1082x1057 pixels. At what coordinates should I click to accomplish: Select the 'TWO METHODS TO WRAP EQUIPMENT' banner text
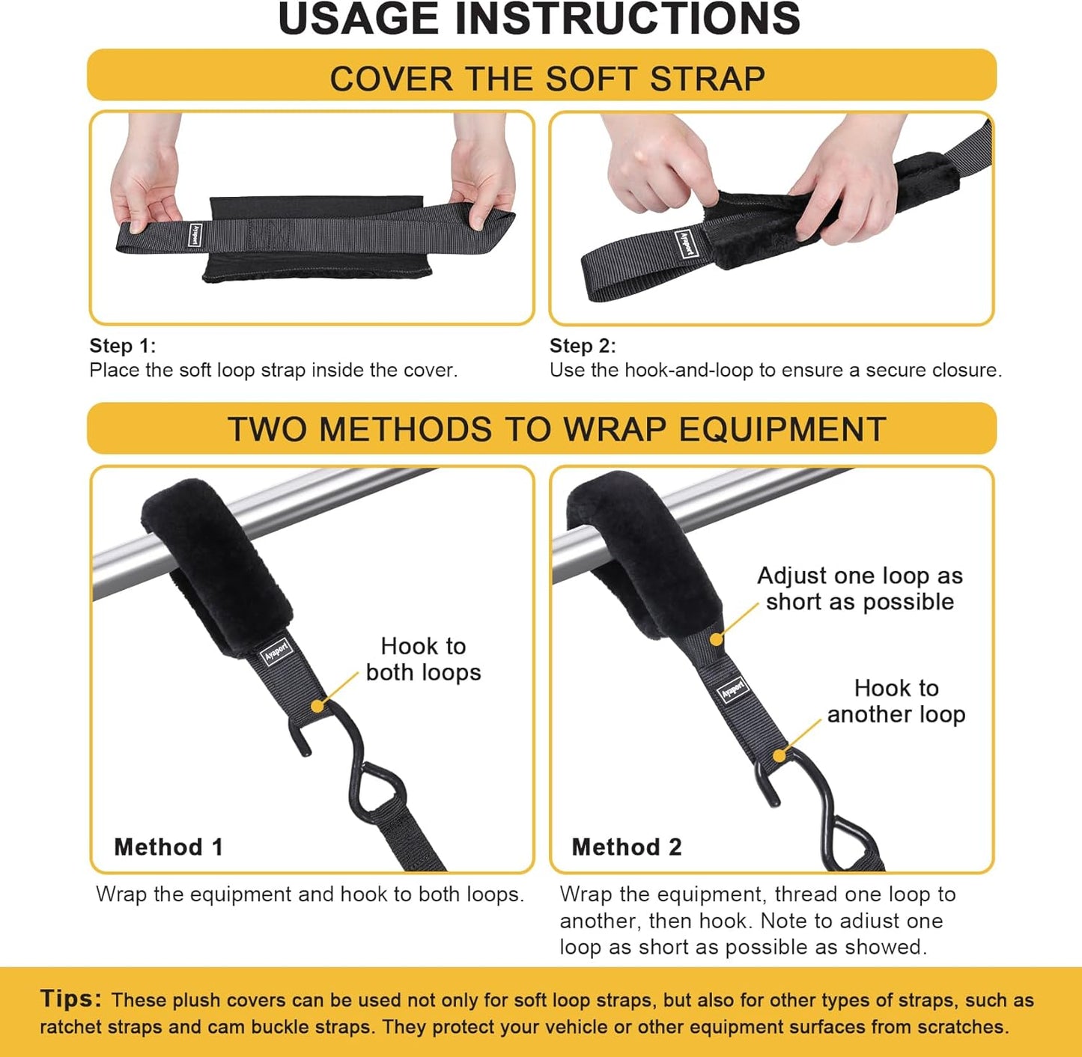[556, 430]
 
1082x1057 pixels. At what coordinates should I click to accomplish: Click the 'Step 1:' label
[123, 346]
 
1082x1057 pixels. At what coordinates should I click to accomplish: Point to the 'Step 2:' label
[583, 346]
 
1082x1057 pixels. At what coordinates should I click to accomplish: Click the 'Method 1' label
[168, 847]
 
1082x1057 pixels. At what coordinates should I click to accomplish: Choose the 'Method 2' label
[627, 847]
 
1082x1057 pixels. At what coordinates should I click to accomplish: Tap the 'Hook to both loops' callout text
[423, 659]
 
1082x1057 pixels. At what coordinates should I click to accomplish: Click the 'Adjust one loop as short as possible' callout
[860, 588]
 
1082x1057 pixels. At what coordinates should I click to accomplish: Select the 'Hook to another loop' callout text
[896, 701]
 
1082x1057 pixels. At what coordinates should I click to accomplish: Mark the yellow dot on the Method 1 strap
[317, 706]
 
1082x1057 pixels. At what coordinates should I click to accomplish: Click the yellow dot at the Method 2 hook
[779, 755]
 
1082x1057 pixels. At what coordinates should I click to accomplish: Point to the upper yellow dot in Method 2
[717, 639]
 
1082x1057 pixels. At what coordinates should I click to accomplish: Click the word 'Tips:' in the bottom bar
[71, 999]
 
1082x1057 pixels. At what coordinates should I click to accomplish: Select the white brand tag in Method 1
[276, 650]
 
